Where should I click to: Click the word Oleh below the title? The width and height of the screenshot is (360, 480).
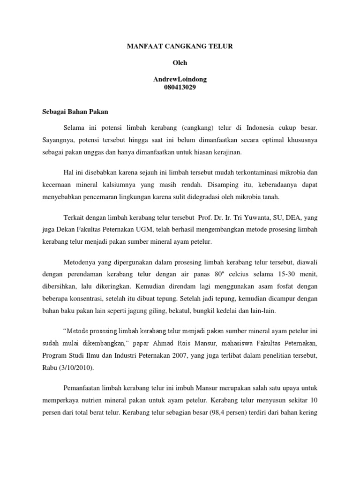(180, 63)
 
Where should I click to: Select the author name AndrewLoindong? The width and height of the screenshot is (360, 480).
(180, 79)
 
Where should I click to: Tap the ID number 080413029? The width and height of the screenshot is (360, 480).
(180, 87)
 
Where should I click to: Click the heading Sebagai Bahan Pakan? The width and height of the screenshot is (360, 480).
(73, 112)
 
